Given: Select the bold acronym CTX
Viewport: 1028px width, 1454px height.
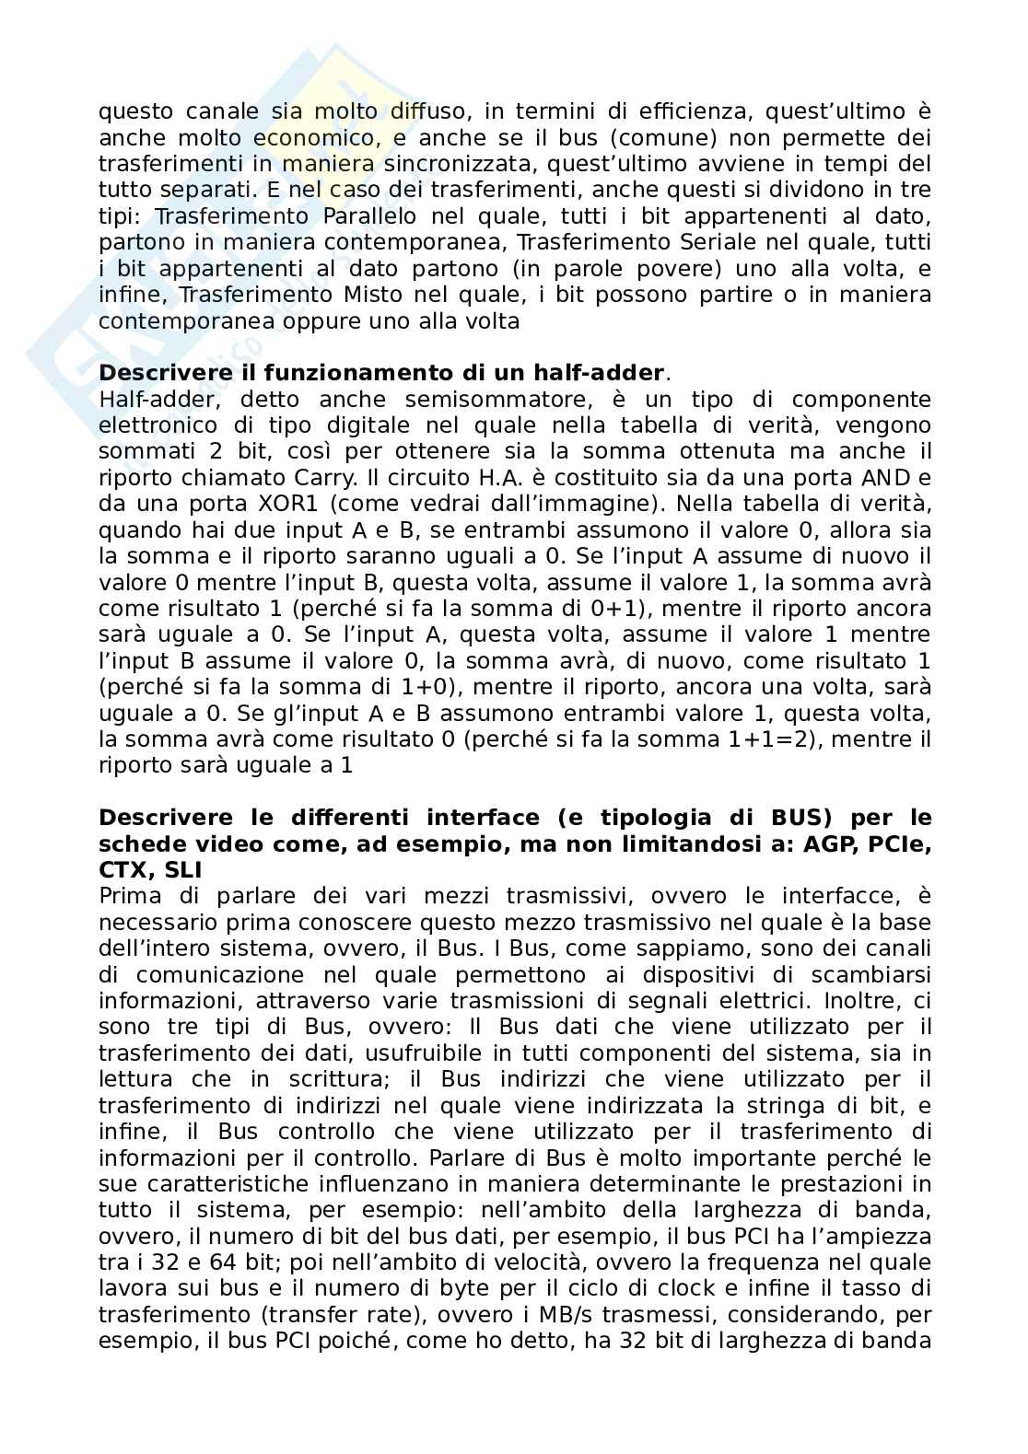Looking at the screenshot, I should click(123, 869).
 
